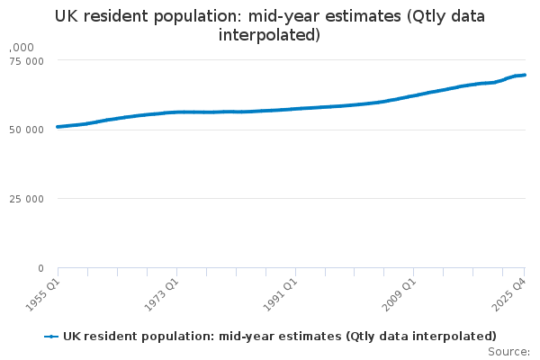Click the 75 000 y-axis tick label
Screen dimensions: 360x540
27,61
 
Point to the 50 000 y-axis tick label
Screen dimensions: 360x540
27,130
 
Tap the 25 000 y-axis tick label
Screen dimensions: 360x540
27,199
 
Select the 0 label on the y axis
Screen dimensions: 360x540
40,268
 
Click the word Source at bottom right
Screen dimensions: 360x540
507,352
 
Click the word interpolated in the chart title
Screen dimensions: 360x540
270,36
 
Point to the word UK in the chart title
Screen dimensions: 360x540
67,16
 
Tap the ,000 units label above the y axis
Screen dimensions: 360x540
22,47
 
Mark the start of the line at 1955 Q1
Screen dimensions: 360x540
58,127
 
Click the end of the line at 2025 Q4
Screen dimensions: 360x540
526,75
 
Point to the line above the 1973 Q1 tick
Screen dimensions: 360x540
176,112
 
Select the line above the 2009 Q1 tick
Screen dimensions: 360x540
413,95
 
